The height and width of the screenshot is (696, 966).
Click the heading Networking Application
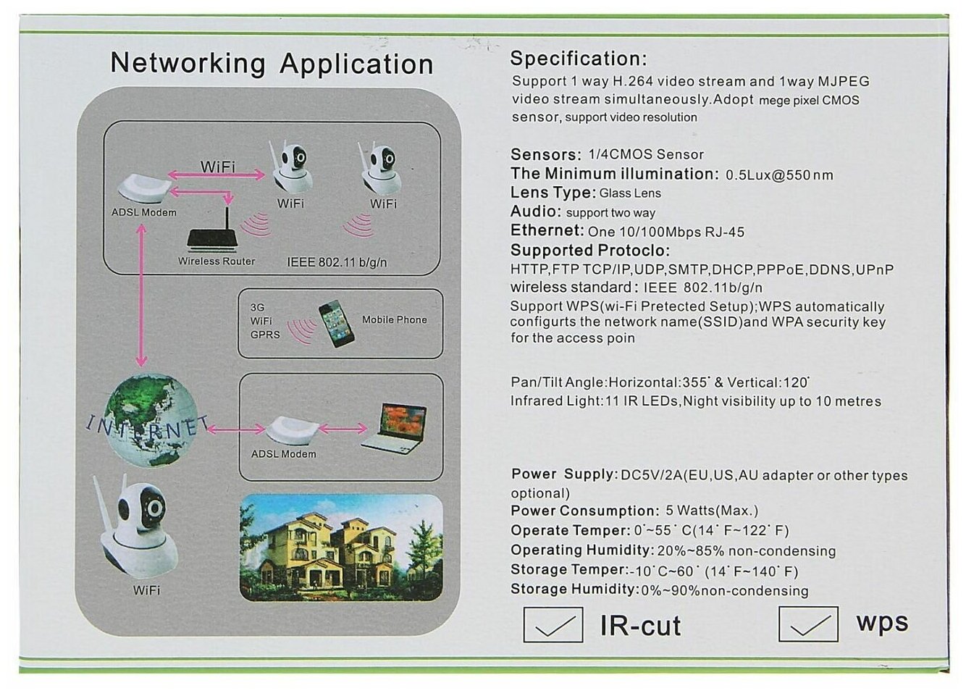(x=272, y=63)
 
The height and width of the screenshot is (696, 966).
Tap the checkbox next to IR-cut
(x=553, y=624)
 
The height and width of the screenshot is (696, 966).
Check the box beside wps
(x=807, y=624)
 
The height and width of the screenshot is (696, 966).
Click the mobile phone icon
(x=336, y=326)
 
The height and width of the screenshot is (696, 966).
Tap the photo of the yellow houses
(x=341, y=548)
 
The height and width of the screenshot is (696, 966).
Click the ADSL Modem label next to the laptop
(x=283, y=454)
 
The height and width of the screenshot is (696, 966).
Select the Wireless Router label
(x=217, y=261)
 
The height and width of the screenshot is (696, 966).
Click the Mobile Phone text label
(x=394, y=319)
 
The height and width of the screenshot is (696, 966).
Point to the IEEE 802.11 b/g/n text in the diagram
(x=337, y=262)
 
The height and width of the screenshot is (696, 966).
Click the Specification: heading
(x=578, y=59)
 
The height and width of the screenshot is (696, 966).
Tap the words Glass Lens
(x=630, y=193)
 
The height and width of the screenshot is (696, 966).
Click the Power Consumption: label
(x=584, y=511)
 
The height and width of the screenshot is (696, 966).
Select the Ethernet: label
(x=547, y=231)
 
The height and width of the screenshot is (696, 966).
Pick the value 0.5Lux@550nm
(x=779, y=175)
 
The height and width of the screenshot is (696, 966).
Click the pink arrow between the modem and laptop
(x=343, y=429)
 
